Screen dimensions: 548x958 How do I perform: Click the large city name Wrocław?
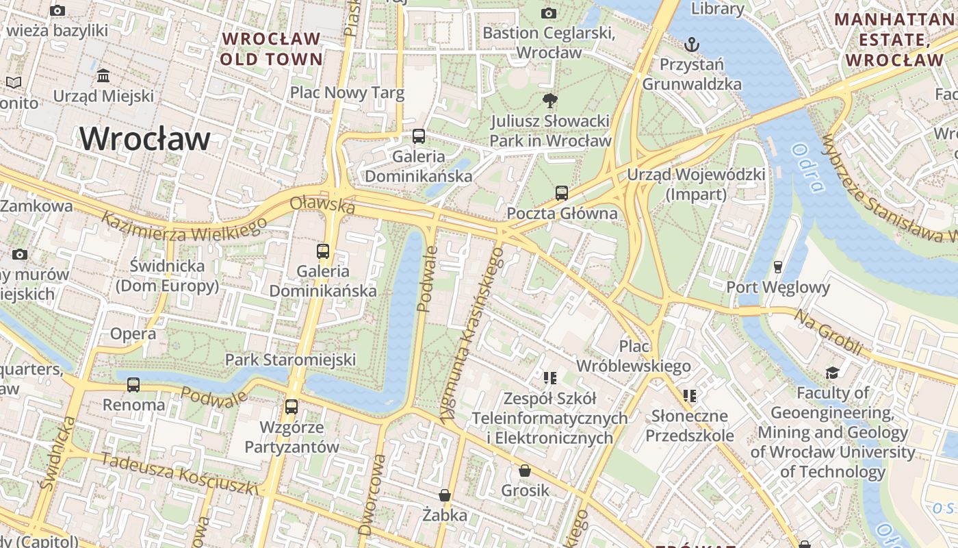(x=145, y=139)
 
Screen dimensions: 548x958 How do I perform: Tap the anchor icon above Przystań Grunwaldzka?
(x=692, y=45)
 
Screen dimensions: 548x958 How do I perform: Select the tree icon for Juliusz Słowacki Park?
(x=549, y=101)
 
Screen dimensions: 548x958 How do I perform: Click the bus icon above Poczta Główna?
(x=562, y=193)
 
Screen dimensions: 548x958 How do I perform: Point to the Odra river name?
(x=807, y=168)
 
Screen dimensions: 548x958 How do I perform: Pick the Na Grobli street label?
(x=828, y=332)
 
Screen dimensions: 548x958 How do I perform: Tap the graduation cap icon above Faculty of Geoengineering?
(x=832, y=373)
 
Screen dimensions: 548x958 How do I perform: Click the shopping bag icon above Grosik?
(x=525, y=471)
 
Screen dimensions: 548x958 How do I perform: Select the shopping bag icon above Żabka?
(x=445, y=495)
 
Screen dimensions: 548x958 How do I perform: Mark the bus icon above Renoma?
(x=133, y=385)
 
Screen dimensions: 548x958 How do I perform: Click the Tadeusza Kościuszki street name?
(x=179, y=473)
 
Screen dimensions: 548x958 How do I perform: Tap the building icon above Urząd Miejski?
(x=103, y=75)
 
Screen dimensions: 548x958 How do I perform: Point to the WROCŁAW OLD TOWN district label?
(x=272, y=49)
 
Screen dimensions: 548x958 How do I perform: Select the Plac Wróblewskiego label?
(x=634, y=356)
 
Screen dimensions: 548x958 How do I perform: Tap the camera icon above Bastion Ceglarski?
(x=548, y=13)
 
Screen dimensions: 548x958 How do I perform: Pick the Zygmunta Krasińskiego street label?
(x=472, y=335)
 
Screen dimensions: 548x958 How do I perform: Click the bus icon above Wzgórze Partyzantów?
(x=292, y=407)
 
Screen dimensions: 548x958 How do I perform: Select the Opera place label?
(x=133, y=334)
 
